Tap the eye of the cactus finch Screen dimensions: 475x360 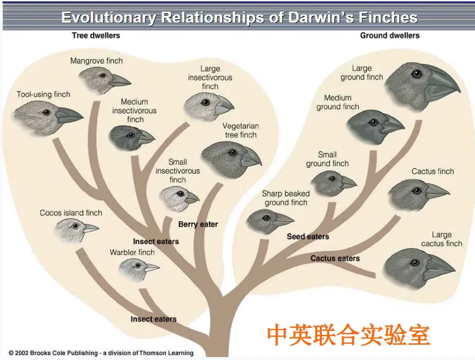[417, 191]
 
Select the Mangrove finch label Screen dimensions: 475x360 [96, 61]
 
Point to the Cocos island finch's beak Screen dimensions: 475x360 [90, 228]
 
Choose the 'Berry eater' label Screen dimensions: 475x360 [198, 224]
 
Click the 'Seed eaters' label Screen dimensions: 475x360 [308, 237]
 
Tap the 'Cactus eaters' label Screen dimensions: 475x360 [335, 258]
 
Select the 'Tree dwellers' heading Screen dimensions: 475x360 [96, 36]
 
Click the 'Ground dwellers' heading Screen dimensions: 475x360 [390, 36]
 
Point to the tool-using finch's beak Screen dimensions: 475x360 [69, 115]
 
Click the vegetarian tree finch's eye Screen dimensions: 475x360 [233, 153]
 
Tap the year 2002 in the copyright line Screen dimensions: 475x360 [22, 353]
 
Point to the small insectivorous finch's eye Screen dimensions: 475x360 [181, 194]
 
